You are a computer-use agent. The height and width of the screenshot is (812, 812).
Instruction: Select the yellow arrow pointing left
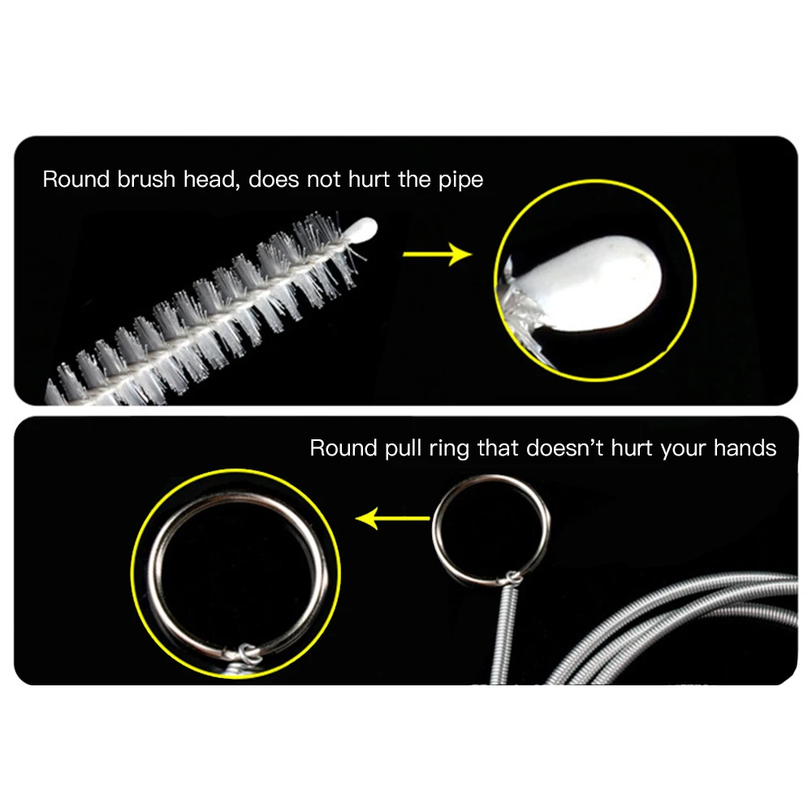tap(393, 517)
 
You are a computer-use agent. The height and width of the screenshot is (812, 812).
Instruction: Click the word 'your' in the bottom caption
tap(683, 449)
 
